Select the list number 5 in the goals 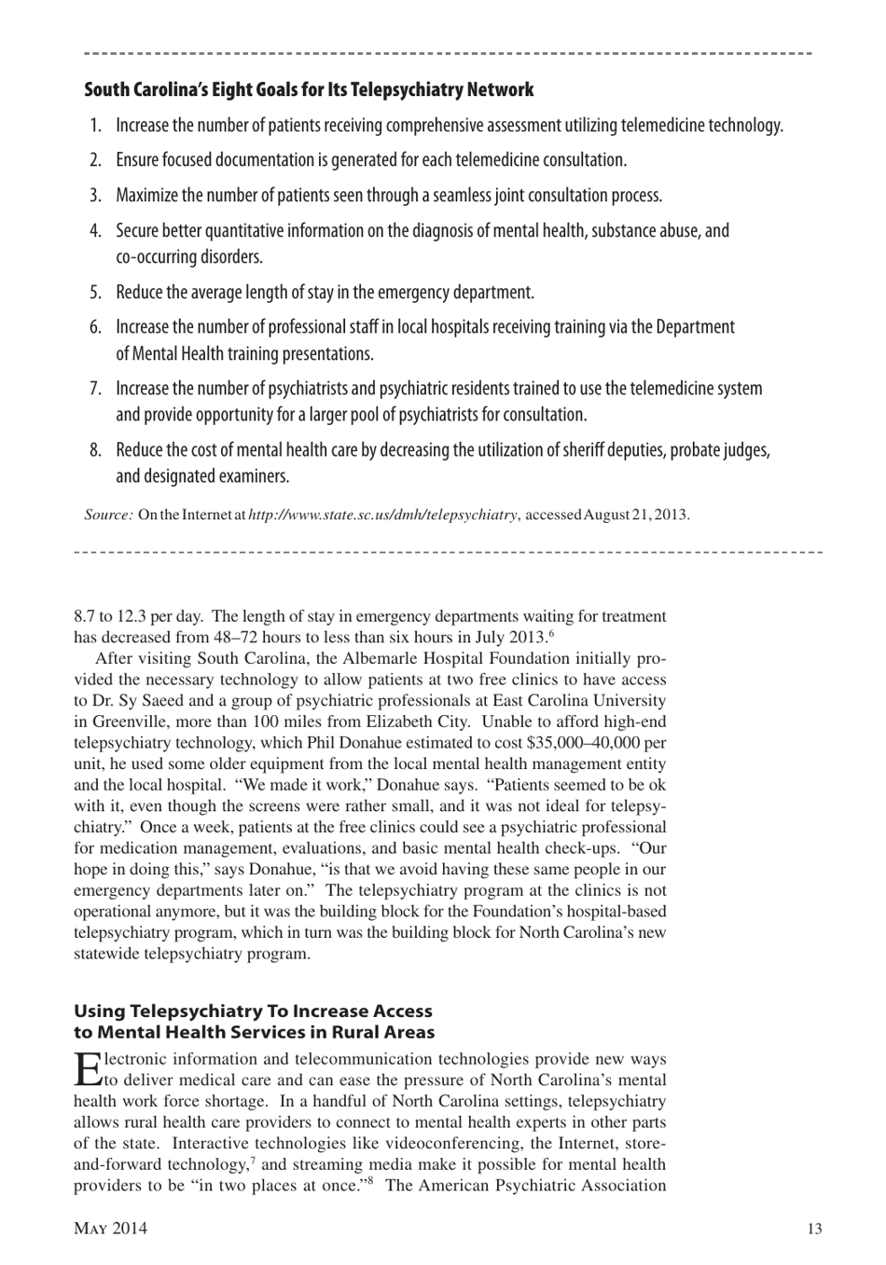point(95,293)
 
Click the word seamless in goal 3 point(463,196)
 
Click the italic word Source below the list point(108,515)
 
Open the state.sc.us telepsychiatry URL point(382,515)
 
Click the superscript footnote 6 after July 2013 point(551,634)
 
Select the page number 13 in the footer point(814,1229)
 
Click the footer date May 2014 point(110,1229)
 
